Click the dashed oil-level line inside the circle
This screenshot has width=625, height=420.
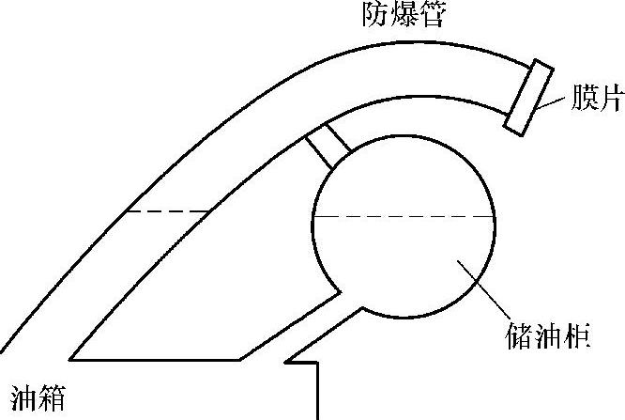click(x=404, y=216)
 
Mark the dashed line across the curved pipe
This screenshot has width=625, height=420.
click(x=167, y=210)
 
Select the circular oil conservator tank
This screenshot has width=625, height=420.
click(x=404, y=226)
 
